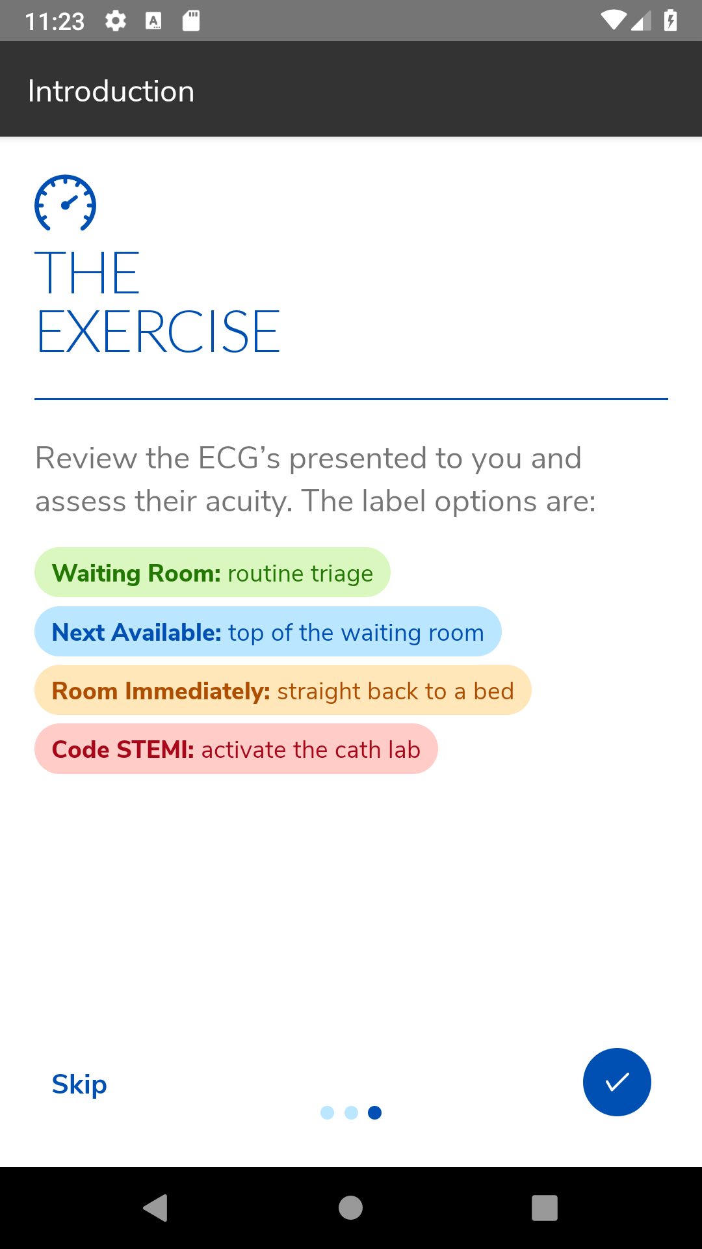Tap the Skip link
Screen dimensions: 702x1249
[x=79, y=1084]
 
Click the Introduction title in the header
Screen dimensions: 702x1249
[x=111, y=91]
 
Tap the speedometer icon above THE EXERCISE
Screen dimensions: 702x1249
[x=65, y=203]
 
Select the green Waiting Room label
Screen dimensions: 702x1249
[x=212, y=572]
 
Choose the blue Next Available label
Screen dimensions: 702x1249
[x=268, y=632]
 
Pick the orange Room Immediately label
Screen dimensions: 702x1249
[x=283, y=690]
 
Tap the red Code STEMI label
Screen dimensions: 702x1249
[x=236, y=749]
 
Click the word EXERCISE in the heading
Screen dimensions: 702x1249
[x=158, y=332]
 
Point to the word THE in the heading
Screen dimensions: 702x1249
[x=87, y=273]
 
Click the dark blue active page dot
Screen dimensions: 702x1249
[x=374, y=1113]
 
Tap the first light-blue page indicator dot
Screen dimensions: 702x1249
[x=328, y=1113]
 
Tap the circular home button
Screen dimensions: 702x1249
[x=350, y=1208]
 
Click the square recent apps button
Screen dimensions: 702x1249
[x=545, y=1208]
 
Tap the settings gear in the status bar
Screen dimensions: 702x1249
[x=116, y=21]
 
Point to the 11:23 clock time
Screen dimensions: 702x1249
[x=55, y=21]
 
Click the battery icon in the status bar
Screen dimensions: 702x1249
[x=671, y=21]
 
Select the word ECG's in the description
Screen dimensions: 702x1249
[x=239, y=458]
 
